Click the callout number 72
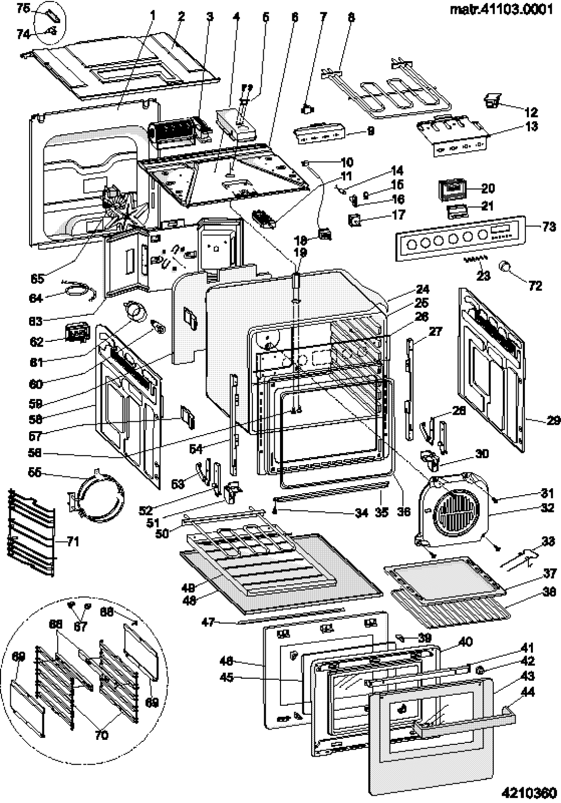pyautogui.click(x=535, y=286)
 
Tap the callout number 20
pyautogui.click(x=488, y=189)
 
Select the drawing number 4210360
pyautogui.click(x=527, y=793)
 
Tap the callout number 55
pyautogui.click(x=35, y=473)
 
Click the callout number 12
pyautogui.click(x=531, y=112)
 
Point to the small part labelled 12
pyautogui.click(x=492, y=100)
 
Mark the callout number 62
pyautogui.click(x=38, y=341)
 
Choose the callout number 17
pyautogui.click(x=398, y=215)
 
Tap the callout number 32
pyautogui.click(x=547, y=507)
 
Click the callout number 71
pyautogui.click(x=73, y=541)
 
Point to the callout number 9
pyautogui.click(x=371, y=131)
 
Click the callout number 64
pyautogui.click(x=38, y=298)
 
